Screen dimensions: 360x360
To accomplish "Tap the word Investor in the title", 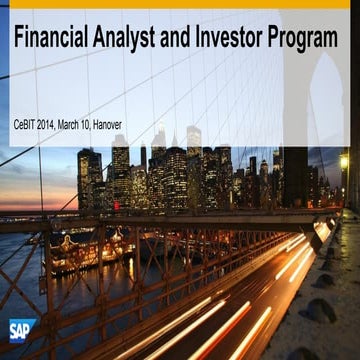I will (x=231, y=41).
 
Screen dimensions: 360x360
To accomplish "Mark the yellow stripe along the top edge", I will (x=180, y=4).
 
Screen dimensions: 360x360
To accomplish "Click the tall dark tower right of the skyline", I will (x=296, y=175).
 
